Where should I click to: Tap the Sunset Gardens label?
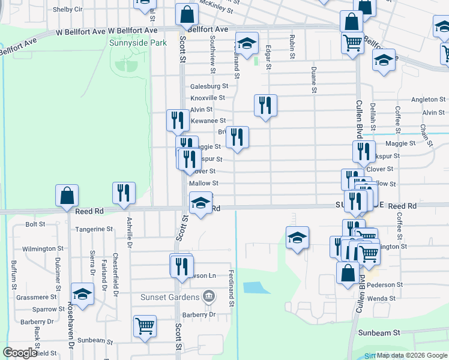click(170, 297)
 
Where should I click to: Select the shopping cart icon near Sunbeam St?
click(145, 326)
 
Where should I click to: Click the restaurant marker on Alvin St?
click(265, 106)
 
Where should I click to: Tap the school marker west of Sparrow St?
click(83, 294)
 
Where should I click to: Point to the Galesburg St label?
click(209, 86)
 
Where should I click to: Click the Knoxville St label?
click(208, 98)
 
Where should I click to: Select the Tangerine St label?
click(93, 229)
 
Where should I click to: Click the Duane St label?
click(313, 80)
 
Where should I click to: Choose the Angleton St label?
click(428, 100)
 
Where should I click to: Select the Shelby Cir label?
click(67, 10)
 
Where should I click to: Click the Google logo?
click(20, 352)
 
